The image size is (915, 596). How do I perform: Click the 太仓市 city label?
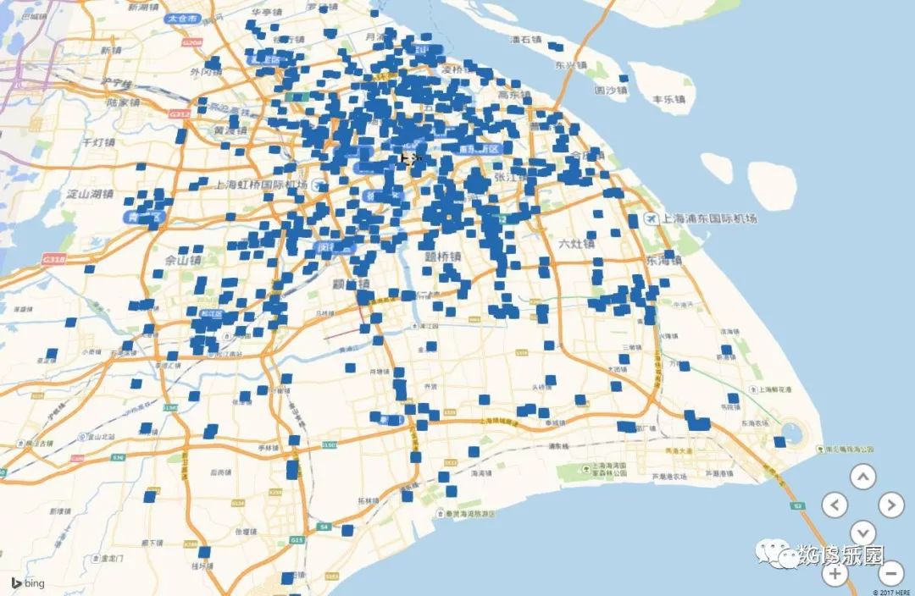[x=182, y=17]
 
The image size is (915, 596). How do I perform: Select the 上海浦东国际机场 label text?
[x=709, y=218]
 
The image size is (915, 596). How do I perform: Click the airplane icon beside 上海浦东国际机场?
[x=651, y=218]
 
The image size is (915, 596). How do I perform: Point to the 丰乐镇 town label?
[x=668, y=99]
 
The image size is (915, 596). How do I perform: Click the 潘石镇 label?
[x=524, y=39]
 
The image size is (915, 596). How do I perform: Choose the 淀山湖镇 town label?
[x=90, y=193]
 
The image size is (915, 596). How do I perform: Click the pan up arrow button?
[x=862, y=477]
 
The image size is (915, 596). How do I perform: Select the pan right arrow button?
[x=890, y=505]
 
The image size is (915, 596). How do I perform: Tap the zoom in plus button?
[x=835, y=573]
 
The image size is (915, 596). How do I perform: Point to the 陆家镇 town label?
[x=123, y=102]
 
